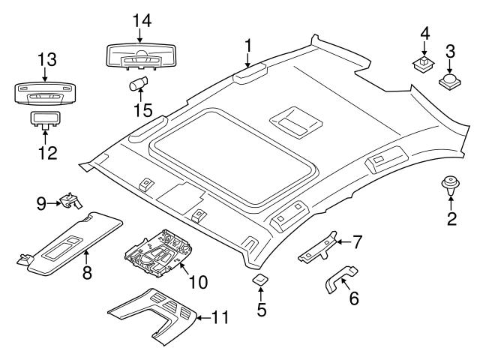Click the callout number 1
[x=247, y=46]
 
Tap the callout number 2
[x=451, y=219]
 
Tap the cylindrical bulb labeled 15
[x=138, y=82]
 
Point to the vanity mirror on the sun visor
[x=67, y=247]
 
